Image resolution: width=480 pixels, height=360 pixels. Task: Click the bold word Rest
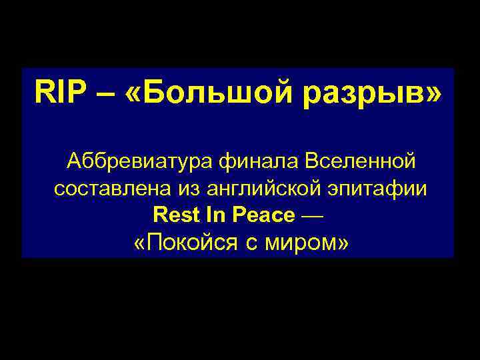tap(174, 215)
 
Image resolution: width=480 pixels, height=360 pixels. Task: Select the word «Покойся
tap(185, 243)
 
